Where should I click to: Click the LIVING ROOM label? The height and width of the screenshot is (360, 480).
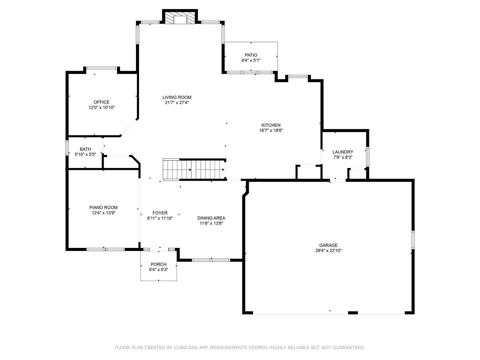click(177, 97)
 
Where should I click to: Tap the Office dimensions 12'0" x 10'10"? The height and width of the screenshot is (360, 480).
click(102, 108)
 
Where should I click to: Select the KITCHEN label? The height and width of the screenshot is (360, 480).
click(271, 125)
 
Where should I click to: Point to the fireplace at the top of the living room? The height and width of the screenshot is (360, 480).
click(180, 19)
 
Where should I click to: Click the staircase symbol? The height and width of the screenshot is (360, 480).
click(194, 169)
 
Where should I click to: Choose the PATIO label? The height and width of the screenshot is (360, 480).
click(251, 55)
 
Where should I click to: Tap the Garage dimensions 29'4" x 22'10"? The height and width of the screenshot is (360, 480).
click(328, 251)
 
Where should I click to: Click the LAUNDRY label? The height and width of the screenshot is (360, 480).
click(343, 152)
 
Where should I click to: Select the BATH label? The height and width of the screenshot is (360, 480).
click(85, 149)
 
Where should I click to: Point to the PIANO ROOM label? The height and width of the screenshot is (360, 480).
click(103, 207)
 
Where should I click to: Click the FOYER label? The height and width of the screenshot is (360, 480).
click(160, 213)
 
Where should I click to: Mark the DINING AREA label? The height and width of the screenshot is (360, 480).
click(211, 218)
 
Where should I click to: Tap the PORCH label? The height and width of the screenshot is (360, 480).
click(158, 264)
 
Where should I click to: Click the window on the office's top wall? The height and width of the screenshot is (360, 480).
click(102, 68)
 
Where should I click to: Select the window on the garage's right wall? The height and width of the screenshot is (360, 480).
click(413, 240)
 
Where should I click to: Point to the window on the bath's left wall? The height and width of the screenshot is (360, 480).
click(67, 148)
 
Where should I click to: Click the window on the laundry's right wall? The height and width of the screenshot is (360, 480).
click(368, 156)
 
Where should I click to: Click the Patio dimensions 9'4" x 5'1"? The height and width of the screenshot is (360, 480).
click(251, 60)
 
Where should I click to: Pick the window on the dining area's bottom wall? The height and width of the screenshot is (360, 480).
click(211, 260)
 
